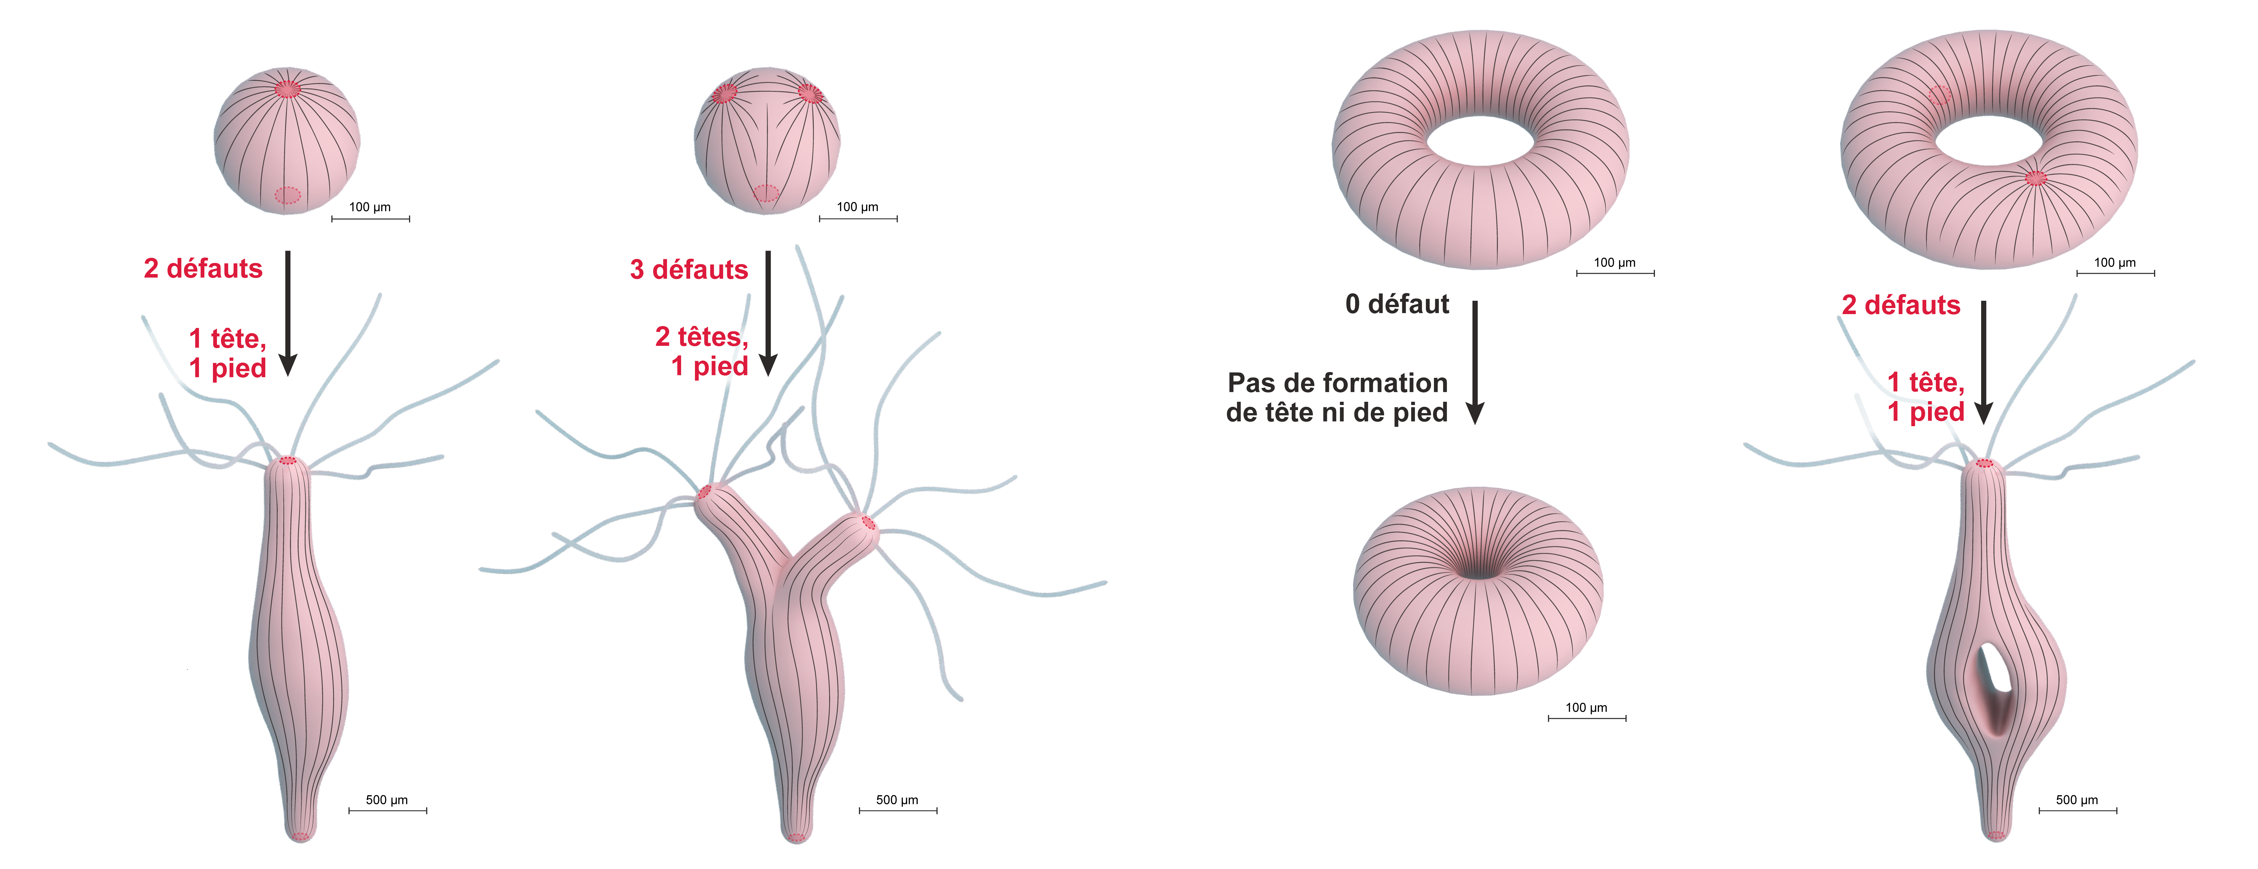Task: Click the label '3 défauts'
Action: [689, 269]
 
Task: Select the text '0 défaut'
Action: [1397, 304]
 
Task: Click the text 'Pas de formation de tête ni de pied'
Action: [1337, 397]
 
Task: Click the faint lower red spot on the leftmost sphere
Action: [287, 195]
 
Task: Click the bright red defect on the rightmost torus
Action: [2036, 178]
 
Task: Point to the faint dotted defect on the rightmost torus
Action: [1940, 95]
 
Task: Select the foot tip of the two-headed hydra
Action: [796, 836]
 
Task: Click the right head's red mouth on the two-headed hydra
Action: [868, 523]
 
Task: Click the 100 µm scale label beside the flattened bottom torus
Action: [1586, 708]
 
